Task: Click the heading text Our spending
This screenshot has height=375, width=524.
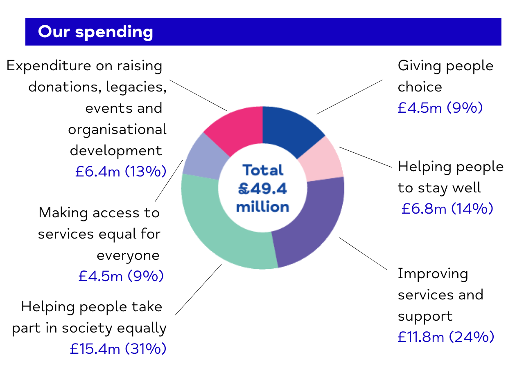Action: (95, 32)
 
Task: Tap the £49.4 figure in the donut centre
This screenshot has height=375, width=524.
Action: (262, 188)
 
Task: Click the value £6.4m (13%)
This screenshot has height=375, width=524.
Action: (121, 172)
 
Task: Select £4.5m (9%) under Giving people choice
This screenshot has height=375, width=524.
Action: (440, 108)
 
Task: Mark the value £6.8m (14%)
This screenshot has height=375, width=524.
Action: (447, 209)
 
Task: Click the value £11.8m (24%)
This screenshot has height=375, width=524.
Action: (446, 337)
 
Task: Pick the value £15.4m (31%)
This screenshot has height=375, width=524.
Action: (118, 349)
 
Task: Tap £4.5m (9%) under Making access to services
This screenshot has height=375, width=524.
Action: (121, 276)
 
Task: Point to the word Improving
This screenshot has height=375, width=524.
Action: (433, 274)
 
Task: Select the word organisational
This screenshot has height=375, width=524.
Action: (117, 129)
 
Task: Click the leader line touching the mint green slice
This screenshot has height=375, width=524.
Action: (198, 290)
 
